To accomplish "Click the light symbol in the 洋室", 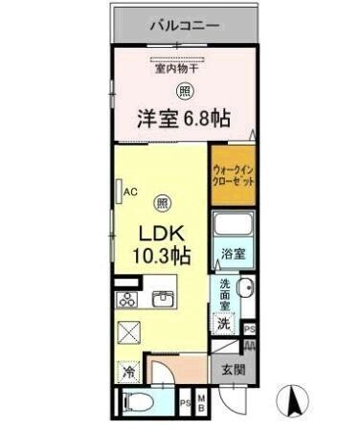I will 182,91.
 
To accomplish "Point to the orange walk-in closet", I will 233,175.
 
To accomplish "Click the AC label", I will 130,192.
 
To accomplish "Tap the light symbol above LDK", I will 163,203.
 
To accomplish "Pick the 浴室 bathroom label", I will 233,254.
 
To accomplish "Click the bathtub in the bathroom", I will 232,228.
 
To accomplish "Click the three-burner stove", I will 126,299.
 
